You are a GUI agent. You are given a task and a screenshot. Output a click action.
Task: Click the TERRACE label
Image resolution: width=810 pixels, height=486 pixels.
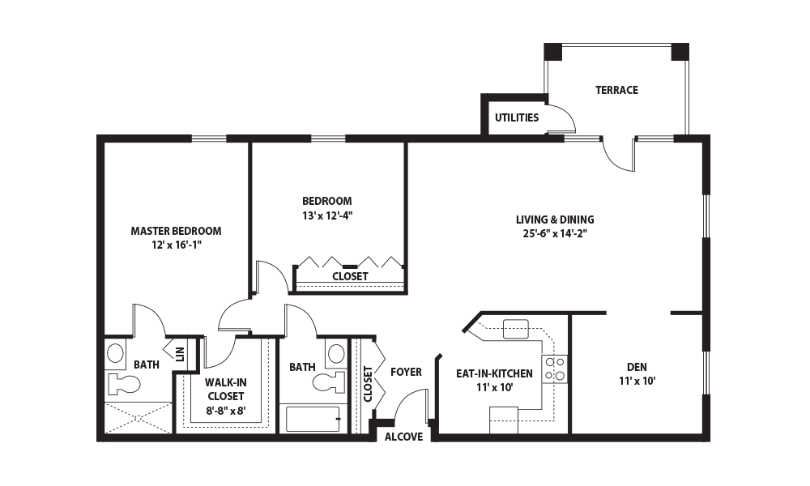(616, 90)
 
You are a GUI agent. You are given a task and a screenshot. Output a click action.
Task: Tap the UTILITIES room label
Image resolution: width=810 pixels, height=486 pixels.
(517, 117)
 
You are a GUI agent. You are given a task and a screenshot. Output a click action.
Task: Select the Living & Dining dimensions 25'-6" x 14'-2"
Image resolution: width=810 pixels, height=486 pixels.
(555, 233)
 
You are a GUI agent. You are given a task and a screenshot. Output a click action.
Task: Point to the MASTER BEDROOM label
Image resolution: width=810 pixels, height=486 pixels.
(176, 231)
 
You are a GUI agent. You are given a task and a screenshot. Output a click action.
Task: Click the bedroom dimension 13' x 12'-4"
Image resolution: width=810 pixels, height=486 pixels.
(327, 215)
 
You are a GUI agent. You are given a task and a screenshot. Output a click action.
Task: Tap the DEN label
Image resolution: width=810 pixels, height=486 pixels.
(637, 367)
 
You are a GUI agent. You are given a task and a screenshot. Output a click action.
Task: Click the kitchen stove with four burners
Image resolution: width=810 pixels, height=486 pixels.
(554, 369)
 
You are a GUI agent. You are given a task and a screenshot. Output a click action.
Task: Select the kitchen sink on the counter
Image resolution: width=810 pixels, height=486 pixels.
(515, 329)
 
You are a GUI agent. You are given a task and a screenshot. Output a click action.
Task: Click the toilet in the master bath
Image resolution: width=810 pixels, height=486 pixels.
(123, 384)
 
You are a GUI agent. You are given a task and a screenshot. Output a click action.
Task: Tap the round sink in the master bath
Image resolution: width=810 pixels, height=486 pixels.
(115, 354)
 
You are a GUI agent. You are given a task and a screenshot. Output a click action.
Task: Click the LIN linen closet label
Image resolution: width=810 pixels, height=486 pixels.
(180, 354)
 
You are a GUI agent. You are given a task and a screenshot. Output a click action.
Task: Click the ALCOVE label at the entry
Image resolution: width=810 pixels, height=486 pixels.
(404, 437)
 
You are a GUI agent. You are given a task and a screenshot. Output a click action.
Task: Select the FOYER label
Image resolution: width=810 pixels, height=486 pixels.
(406, 372)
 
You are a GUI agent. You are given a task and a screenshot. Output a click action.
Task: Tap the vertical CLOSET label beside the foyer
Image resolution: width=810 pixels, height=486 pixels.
(368, 384)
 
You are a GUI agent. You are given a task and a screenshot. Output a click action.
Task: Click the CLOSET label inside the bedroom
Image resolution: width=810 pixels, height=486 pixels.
(350, 277)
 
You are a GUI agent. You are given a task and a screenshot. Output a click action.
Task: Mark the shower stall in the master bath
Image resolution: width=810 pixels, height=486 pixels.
(138, 417)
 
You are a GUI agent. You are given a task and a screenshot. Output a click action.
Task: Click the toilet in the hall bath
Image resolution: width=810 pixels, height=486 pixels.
(329, 382)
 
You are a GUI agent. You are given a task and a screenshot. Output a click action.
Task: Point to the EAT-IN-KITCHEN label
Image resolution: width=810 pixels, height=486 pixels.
(494, 373)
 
